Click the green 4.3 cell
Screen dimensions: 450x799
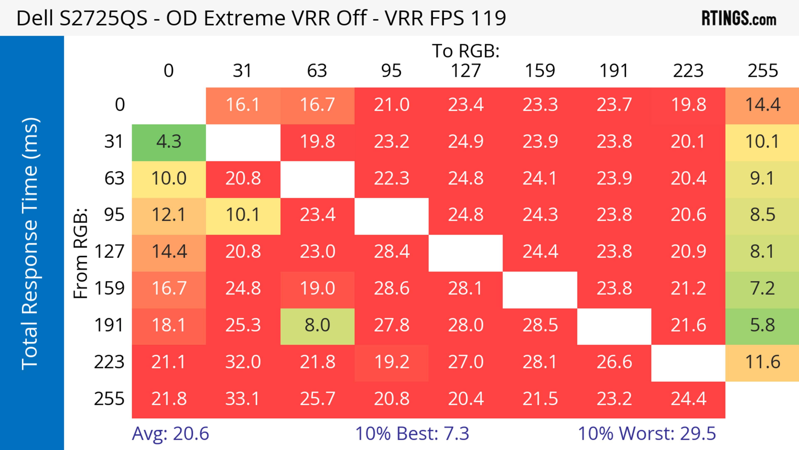point(169,142)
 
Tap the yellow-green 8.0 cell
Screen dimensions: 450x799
point(317,325)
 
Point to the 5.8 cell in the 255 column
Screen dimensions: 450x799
point(762,325)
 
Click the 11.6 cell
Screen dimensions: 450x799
point(762,362)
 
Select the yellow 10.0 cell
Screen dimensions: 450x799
point(169,178)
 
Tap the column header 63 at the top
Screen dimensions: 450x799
point(317,71)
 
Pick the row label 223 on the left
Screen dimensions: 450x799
point(109,362)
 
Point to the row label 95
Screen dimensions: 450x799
point(114,215)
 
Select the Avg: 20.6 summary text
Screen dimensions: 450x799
point(170,434)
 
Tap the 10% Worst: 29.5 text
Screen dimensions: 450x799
point(647,434)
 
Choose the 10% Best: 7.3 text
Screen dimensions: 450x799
point(412,434)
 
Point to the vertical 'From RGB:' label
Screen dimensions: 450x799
point(81,253)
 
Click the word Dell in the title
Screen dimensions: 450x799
point(35,18)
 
